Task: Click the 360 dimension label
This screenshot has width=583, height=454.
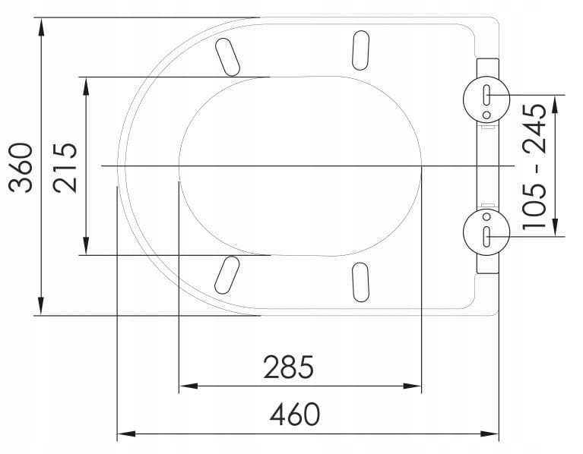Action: (x=21, y=168)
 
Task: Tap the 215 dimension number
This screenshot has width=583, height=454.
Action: (x=65, y=168)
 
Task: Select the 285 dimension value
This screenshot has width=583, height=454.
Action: (x=289, y=367)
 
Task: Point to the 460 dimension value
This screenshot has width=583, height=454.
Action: (x=295, y=414)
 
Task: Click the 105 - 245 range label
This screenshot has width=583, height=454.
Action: (x=534, y=166)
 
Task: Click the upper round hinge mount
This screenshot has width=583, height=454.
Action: (x=486, y=99)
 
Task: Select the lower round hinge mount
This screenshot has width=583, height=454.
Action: (x=486, y=232)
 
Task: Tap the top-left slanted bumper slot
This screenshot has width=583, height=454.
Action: (x=227, y=57)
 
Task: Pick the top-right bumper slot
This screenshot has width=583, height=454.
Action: (x=360, y=50)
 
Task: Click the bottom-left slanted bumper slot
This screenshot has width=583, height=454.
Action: (x=227, y=275)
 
